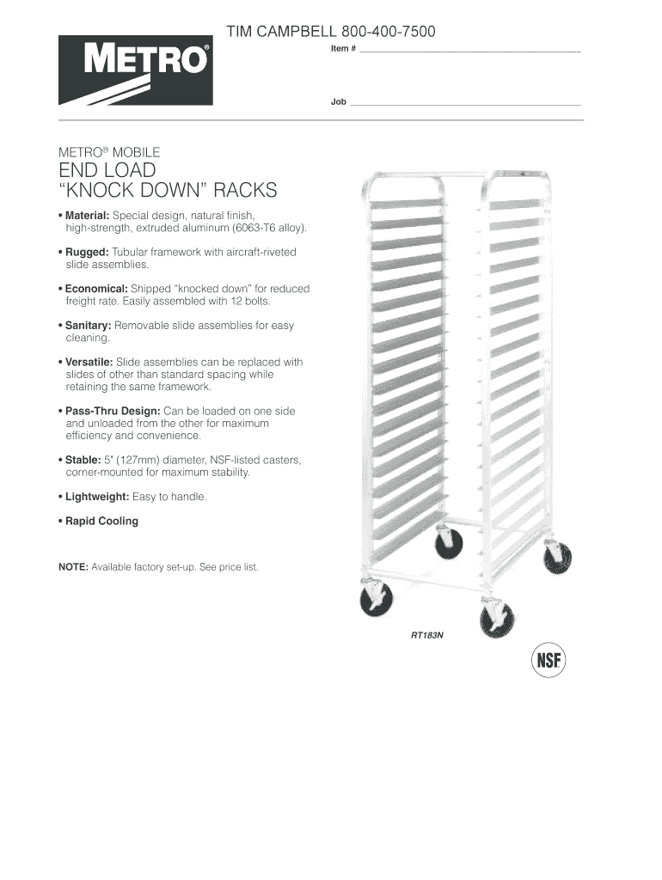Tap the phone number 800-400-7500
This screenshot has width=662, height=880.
[391, 33]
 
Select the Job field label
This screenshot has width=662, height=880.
[338, 101]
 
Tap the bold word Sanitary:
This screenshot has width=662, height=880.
[89, 326]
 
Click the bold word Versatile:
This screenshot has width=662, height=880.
[89, 363]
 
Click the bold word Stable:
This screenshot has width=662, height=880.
[83, 460]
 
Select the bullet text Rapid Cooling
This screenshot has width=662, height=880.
[101, 521]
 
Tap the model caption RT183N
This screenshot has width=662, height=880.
[426, 636]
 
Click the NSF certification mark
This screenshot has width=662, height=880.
[546, 662]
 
